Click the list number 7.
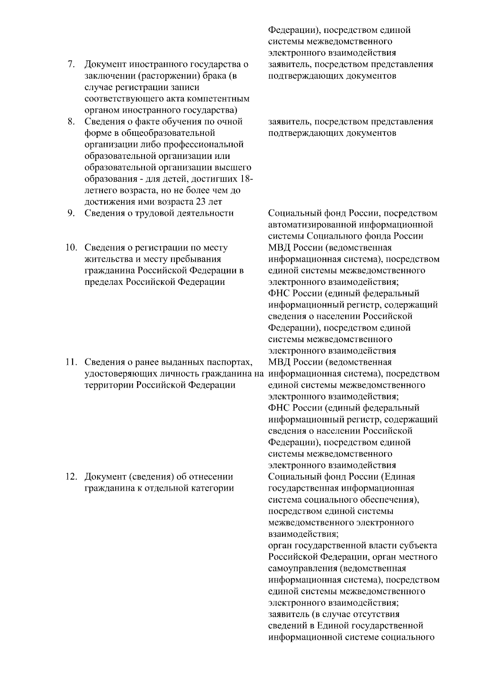[71, 65]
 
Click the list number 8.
[71, 122]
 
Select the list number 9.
[71, 213]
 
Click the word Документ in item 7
[105, 65]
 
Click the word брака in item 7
[213, 76]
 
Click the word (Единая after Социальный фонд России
[398, 477]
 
